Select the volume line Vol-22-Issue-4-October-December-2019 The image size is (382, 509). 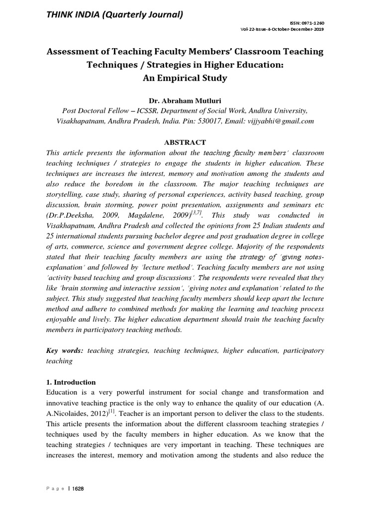coord(282,30)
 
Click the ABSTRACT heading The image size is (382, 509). coord(191,142)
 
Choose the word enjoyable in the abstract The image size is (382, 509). coord(64,320)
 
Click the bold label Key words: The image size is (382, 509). coord(64,351)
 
